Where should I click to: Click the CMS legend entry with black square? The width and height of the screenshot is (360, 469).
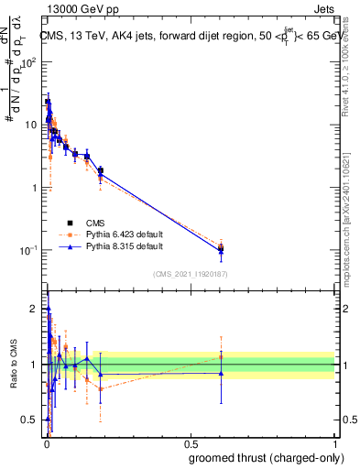(95, 223)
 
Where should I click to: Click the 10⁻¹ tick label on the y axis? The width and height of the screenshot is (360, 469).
(30, 250)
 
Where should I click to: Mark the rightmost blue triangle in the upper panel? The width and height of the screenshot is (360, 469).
(221, 250)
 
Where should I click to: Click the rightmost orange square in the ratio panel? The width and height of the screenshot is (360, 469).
(221, 356)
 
